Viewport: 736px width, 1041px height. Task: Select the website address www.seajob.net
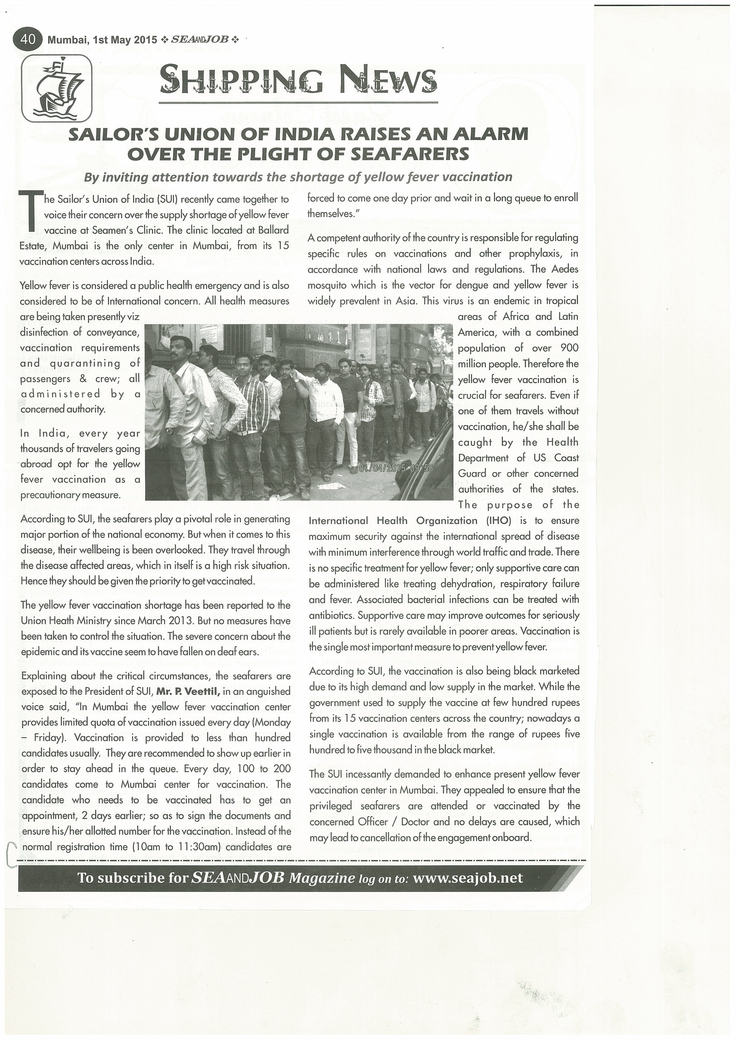(468, 878)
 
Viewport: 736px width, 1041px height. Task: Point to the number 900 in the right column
(569, 348)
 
